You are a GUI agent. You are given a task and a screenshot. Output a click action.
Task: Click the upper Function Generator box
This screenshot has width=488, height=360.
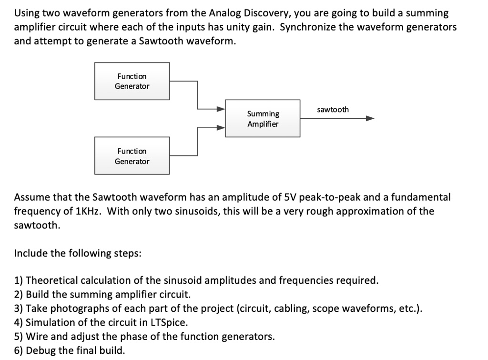pos(132,81)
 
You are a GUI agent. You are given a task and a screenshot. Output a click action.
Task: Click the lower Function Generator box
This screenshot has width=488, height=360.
pos(132,156)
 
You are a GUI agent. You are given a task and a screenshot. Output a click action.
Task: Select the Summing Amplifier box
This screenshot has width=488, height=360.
pos(263,118)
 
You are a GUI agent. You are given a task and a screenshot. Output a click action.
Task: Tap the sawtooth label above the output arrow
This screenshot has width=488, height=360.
pos(333,110)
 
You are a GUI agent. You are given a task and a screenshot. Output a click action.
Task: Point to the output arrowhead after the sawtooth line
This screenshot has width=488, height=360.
pos(370,118)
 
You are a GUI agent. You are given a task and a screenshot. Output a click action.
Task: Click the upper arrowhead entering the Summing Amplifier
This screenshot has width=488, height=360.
pos(221,109)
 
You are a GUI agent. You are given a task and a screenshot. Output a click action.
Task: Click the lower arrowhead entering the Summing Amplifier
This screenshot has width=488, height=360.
pos(221,128)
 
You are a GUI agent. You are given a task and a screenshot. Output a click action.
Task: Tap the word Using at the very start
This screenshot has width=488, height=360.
pos(27,13)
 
